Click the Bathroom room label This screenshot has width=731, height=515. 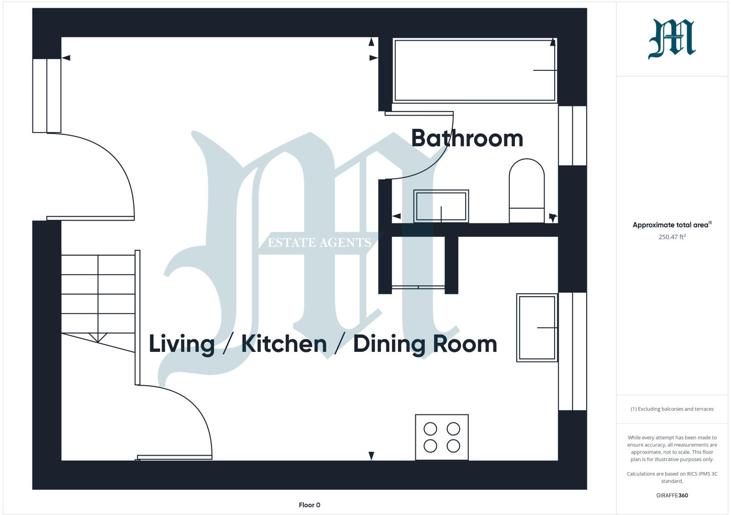(467, 138)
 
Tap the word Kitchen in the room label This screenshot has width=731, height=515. (284, 344)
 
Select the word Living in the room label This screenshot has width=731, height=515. (182, 344)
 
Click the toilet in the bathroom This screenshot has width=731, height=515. (527, 191)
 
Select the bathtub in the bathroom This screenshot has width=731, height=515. (474, 70)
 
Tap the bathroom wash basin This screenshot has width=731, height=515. (441, 206)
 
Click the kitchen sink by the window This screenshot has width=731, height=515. (537, 328)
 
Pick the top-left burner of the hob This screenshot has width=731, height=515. (430, 429)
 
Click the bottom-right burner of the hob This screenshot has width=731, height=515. (453, 446)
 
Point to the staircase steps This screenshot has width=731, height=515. (98, 294)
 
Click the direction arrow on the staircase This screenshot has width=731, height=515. (98, 338)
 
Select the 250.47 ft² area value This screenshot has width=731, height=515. (672, 237)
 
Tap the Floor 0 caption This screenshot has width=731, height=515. (309, 505)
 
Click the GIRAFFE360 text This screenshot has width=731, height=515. (672, 495)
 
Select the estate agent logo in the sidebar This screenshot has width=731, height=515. (672, 39)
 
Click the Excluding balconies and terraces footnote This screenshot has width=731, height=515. (672, 409)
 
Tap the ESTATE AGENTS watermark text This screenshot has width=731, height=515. (319, 243)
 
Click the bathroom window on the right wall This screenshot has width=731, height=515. (572, 136)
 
